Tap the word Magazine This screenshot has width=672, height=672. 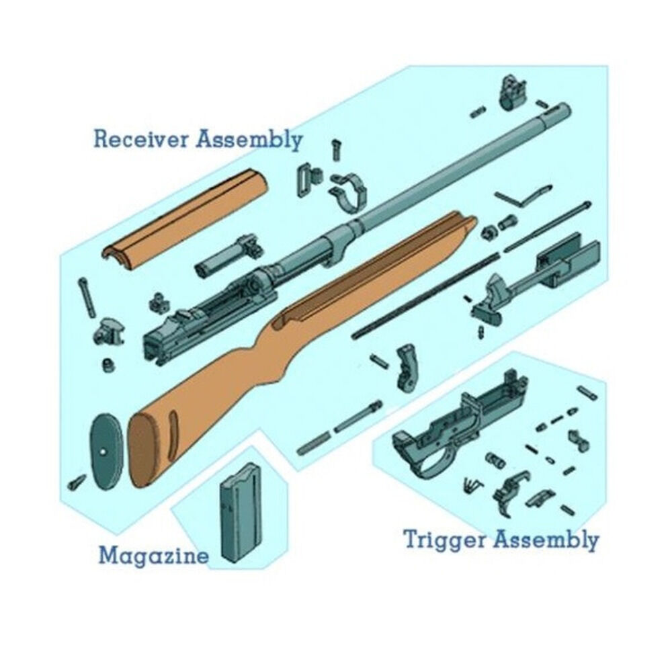click(154, 556)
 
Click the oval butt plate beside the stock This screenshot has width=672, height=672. click(106, 452)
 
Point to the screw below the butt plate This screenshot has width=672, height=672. click(77, 482)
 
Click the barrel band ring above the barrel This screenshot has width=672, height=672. click(349, 192)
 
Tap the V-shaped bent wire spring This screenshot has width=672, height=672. click(523, 196)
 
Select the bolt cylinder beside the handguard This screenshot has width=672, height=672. click(223, 257)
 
